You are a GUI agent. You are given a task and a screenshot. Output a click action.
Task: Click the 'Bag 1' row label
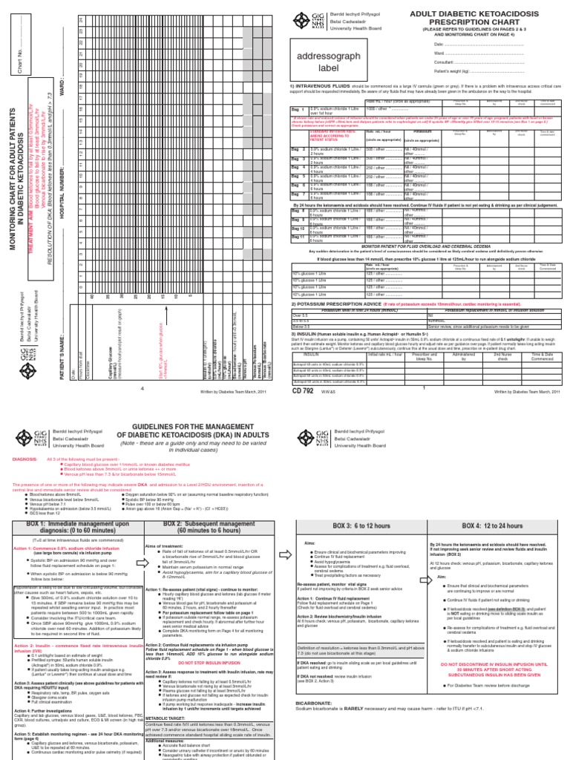coord(298,109)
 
